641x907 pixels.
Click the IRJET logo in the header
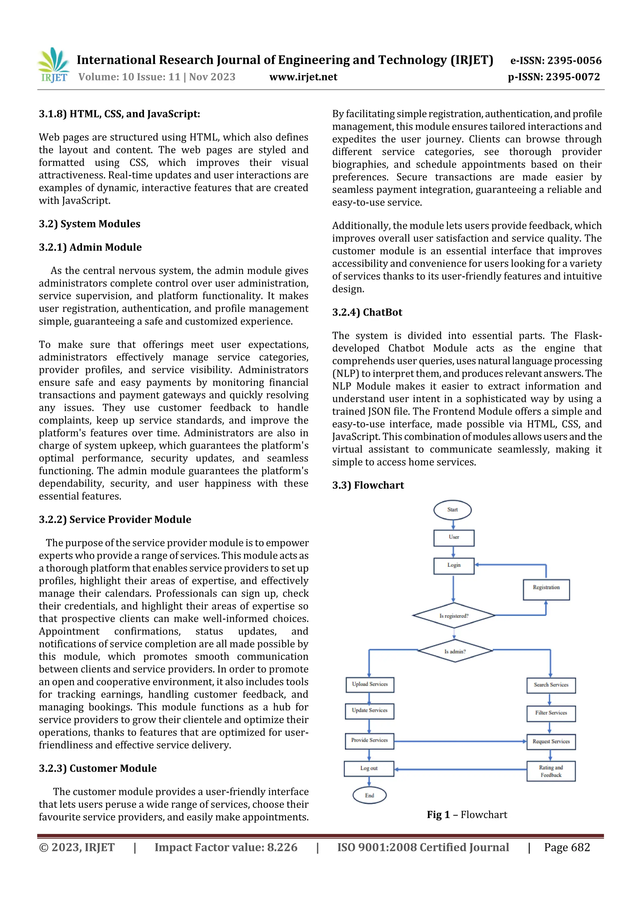(x=53, y=65)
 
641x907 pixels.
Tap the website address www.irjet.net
(x=303, y=77)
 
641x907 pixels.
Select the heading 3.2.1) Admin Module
(x=90, y=247)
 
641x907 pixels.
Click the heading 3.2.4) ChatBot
(x=367, y=312)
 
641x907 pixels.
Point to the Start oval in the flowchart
(x=452, y=510)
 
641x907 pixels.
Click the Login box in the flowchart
(x=454, y=565)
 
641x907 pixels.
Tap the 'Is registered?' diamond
(x=454, y=616)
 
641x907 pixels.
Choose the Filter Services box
(x=551, y=713)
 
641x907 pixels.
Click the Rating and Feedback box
(x=551, y=771)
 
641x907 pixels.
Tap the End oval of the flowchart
(x=369, y=795)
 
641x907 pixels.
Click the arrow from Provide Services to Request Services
(x=460, y=741)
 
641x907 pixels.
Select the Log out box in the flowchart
(x=369, y=768)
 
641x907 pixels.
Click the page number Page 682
(x=567, y=847)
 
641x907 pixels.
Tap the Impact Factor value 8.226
(x=282, y=847)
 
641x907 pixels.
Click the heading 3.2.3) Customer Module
(x=98, y=768)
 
